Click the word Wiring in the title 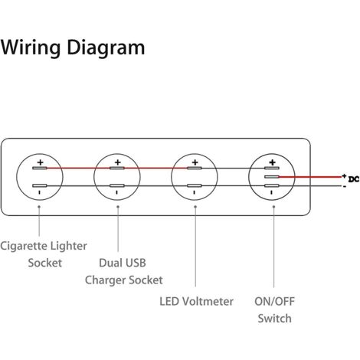click(31, 48)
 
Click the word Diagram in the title click(106, 48)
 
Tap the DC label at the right click(354, 179)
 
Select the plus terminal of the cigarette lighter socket click(40, 168)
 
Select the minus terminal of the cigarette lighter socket click(40, 185)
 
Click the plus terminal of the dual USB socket click(117, 168)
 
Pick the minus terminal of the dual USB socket click(117, 185)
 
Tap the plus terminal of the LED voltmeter click(195, 168)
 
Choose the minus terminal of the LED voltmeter click(195, 185)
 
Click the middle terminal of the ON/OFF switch click(272, 177)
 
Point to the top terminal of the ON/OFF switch click(272, 168)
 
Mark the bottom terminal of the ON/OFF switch click(272, 185)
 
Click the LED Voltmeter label click(196, 301)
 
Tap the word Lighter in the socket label click(68, 247)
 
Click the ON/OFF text click(274, 302)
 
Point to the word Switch click(274, 319)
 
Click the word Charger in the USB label click(105, 280)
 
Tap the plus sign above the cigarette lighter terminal click(40, 162)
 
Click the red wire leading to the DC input click(310, 177)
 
